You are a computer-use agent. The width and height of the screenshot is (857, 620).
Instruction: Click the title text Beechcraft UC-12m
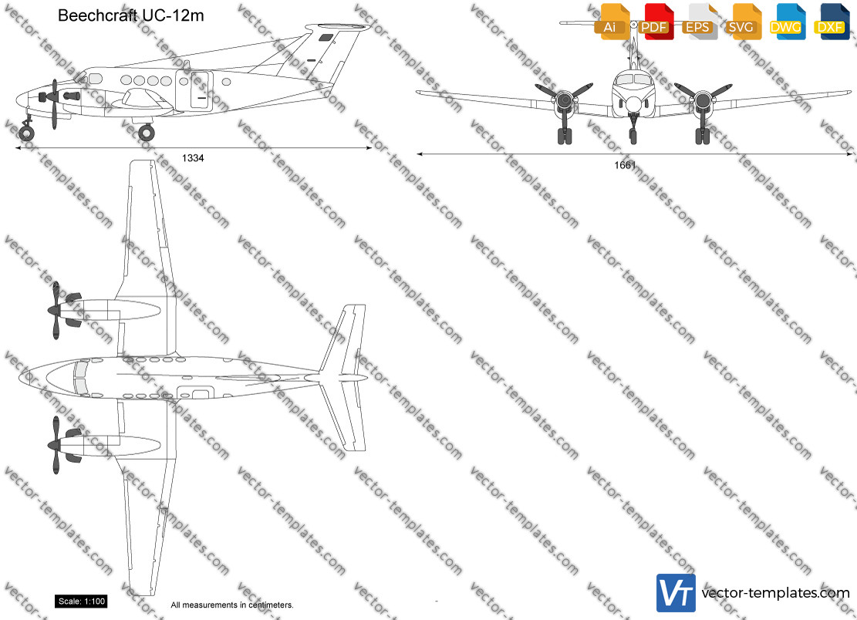point(130,15)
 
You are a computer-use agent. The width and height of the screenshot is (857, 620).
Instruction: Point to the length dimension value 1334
point(192,158)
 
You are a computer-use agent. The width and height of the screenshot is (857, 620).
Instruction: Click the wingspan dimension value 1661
point(625,165)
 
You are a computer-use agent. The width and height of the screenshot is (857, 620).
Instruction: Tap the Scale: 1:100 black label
point(81,601)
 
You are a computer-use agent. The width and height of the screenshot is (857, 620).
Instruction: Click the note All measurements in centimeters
point(231,605)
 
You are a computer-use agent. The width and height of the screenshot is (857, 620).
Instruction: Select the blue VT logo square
point(676,593)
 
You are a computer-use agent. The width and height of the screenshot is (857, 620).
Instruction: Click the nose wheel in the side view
point(26,133)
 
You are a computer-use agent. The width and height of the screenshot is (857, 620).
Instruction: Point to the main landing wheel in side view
point(146,132)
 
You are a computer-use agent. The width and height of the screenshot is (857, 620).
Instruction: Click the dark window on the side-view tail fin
point(326,38)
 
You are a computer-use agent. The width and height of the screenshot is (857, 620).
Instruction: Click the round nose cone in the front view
point(633,104)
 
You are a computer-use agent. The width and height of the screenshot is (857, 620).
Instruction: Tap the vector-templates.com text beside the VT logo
point(775,593)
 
